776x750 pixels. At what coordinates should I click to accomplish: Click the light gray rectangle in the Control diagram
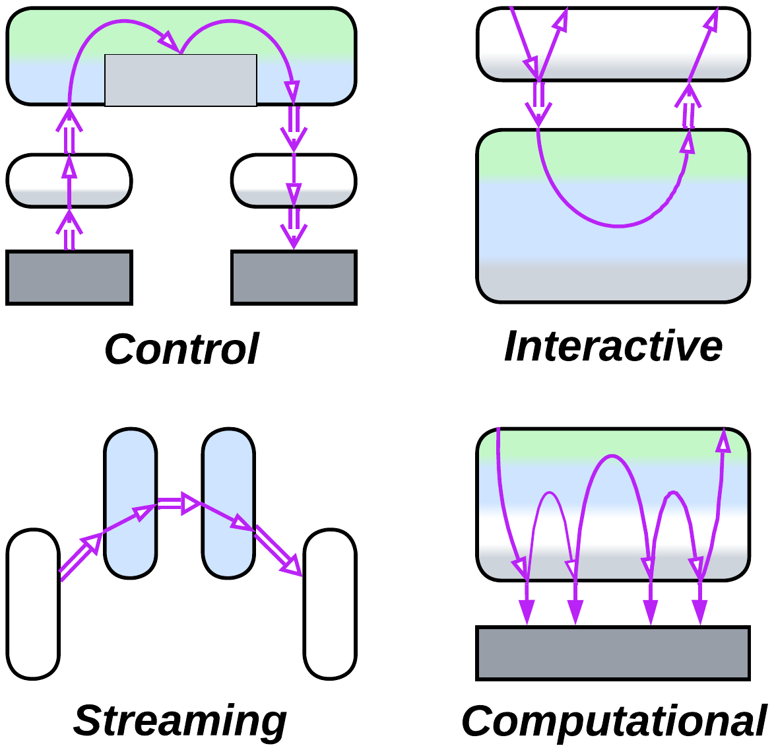181,80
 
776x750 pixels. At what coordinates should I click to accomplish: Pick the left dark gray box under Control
69,277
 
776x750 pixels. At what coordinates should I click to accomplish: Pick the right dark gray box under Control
294,277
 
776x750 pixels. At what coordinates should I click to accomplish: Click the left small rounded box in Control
69,181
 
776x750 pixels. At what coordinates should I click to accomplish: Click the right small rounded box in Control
294,181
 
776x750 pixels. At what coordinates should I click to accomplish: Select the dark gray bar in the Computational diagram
613,653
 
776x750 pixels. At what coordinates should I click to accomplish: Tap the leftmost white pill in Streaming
34,603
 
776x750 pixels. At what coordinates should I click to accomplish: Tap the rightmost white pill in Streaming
330,603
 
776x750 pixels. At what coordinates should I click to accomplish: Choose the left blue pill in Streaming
131,503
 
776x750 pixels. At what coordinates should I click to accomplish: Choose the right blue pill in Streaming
228,503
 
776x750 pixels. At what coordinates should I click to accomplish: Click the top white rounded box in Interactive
613,44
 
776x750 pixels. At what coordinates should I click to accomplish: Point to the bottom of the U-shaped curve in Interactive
617,226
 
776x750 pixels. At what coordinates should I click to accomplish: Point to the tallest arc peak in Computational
612,456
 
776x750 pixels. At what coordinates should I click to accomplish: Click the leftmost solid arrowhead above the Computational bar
527,611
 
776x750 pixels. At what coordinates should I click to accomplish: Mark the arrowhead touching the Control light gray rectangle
171,43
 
